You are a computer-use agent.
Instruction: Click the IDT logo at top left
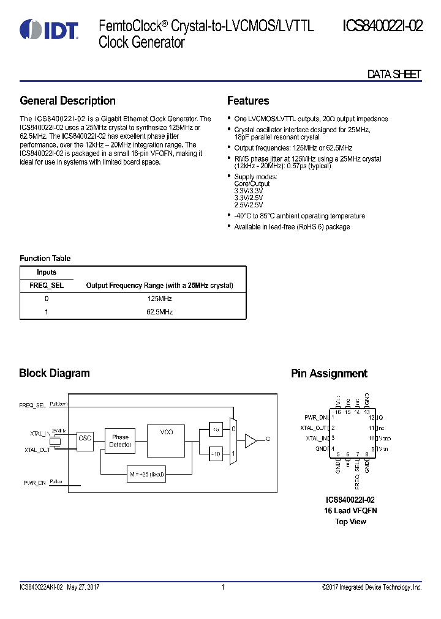[48, 30]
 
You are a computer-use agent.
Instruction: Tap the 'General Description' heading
[67, 101]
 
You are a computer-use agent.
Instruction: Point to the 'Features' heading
[248, 101]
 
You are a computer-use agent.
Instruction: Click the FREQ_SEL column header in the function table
[47, 285]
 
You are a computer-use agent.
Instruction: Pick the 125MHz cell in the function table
[159, 299]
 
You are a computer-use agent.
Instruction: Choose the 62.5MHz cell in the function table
[159, 312]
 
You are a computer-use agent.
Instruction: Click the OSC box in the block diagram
[85, 438]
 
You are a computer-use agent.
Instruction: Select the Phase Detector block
[120, 441]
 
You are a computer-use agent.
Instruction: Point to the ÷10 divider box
[216, 454]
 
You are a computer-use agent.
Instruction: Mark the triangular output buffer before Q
[251, 439]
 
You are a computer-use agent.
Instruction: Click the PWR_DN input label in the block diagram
[34, 483]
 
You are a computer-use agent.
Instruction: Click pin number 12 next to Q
[371, 417]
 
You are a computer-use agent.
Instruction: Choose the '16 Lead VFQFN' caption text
[350, 510]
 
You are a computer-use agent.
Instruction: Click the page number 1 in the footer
[223, 587]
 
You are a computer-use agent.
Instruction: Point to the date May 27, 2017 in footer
[83, 587]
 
